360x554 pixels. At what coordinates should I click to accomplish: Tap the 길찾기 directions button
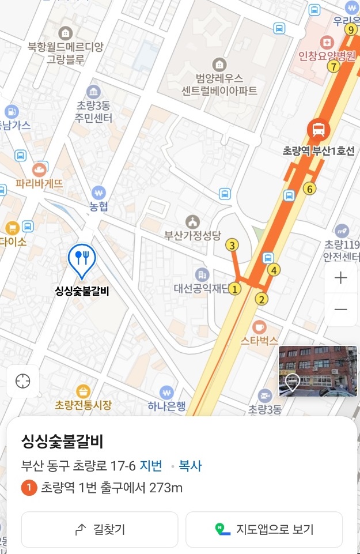[100, 529]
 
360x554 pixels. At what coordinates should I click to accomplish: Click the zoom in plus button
[341, 278]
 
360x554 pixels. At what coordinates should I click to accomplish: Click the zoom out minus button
[341, 310]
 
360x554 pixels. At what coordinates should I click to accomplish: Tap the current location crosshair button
[23, 381]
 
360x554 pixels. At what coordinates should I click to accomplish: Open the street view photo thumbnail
[318, 371]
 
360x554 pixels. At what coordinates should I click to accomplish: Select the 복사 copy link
[190, 466]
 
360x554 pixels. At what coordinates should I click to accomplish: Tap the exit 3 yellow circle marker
[232, 246]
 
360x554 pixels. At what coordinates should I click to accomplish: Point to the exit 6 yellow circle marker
[310, 189]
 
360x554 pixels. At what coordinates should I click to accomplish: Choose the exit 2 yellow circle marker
[262, 299]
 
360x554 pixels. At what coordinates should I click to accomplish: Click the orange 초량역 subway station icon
[318, 129]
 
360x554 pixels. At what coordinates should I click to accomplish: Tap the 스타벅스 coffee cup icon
[259, 327]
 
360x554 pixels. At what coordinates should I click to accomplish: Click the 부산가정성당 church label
[192, 235]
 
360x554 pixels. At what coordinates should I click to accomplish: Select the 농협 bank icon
[99, 193]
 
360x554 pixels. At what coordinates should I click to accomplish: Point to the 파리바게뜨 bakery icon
[39, 169]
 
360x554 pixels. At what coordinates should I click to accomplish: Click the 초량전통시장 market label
[83, 405]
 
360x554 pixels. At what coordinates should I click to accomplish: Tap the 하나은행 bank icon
[166, 393]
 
